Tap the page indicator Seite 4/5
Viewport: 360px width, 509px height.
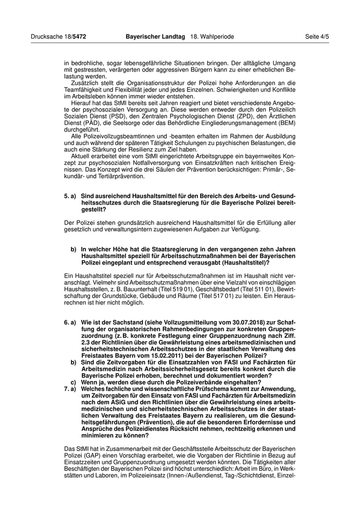point(317,37)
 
